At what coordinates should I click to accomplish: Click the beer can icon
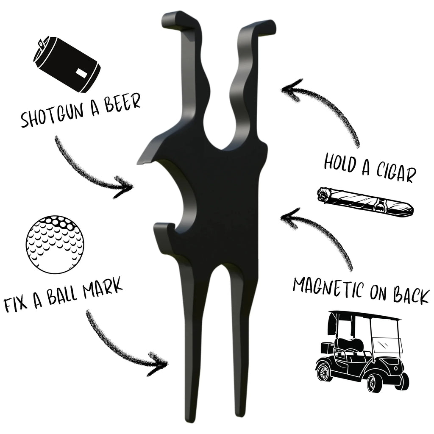pyautogui.click(x=68, y=64)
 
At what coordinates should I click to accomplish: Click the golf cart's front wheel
pyautogui.click(x=375, y=382)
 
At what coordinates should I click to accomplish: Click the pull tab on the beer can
pyautogui.click(x=41, y=44)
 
